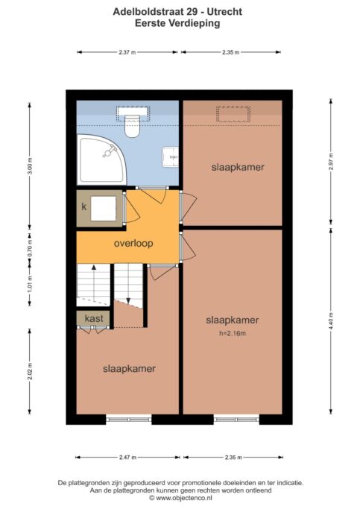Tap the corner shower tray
101,159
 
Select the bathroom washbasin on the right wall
171,157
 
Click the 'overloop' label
133,244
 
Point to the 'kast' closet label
94,318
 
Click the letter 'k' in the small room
84,206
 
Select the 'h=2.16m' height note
233,333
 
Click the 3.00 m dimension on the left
30,165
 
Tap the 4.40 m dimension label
331,321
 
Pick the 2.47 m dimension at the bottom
127,458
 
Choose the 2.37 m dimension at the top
127,52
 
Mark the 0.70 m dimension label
30,248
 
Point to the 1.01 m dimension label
30,284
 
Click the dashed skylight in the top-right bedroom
233,114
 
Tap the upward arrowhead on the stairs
94,267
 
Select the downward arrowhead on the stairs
128,301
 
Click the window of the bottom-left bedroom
129,420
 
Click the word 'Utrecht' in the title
225,12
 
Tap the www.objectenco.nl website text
184,498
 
